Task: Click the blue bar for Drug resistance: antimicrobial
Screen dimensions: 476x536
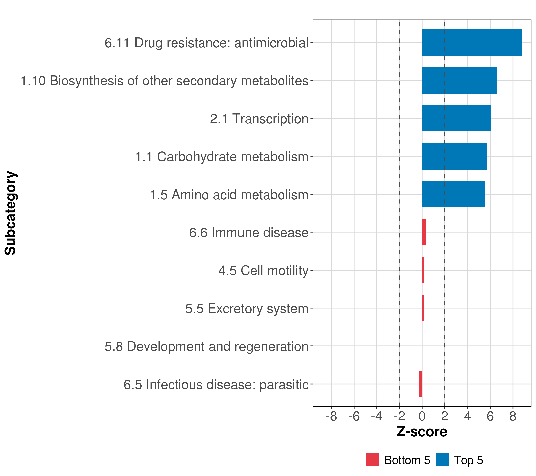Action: coord(471,42)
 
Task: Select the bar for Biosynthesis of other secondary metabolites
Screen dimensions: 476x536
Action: coord(459,81)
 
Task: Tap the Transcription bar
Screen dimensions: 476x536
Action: coord(456,118)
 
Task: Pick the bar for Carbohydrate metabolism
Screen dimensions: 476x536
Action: coord(454,156)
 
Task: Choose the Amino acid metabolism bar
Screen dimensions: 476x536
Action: coord(453,194)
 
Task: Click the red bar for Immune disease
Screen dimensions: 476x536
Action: coord(424,232)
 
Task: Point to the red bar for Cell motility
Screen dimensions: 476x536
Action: coord(423,270)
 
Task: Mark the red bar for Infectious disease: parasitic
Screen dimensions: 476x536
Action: coord(420,384)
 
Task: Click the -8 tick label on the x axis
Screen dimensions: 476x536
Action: coord(331,416)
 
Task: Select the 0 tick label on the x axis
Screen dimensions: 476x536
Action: coord(422,416)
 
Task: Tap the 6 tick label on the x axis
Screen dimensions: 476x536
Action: coord(490,416)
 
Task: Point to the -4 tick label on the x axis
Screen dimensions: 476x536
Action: coord(377,416)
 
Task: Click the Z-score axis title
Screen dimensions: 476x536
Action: coord(422,431)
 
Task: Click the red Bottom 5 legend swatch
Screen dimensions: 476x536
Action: coord(373,460)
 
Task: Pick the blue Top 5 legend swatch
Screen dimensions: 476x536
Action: coord(442,460)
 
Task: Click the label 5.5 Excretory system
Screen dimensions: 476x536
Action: coord(247,309)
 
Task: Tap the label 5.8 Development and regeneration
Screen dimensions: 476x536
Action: coord(206,346)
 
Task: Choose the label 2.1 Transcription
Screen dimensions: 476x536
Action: coord(259,119)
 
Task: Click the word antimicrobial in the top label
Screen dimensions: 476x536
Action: coord(271,43)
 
